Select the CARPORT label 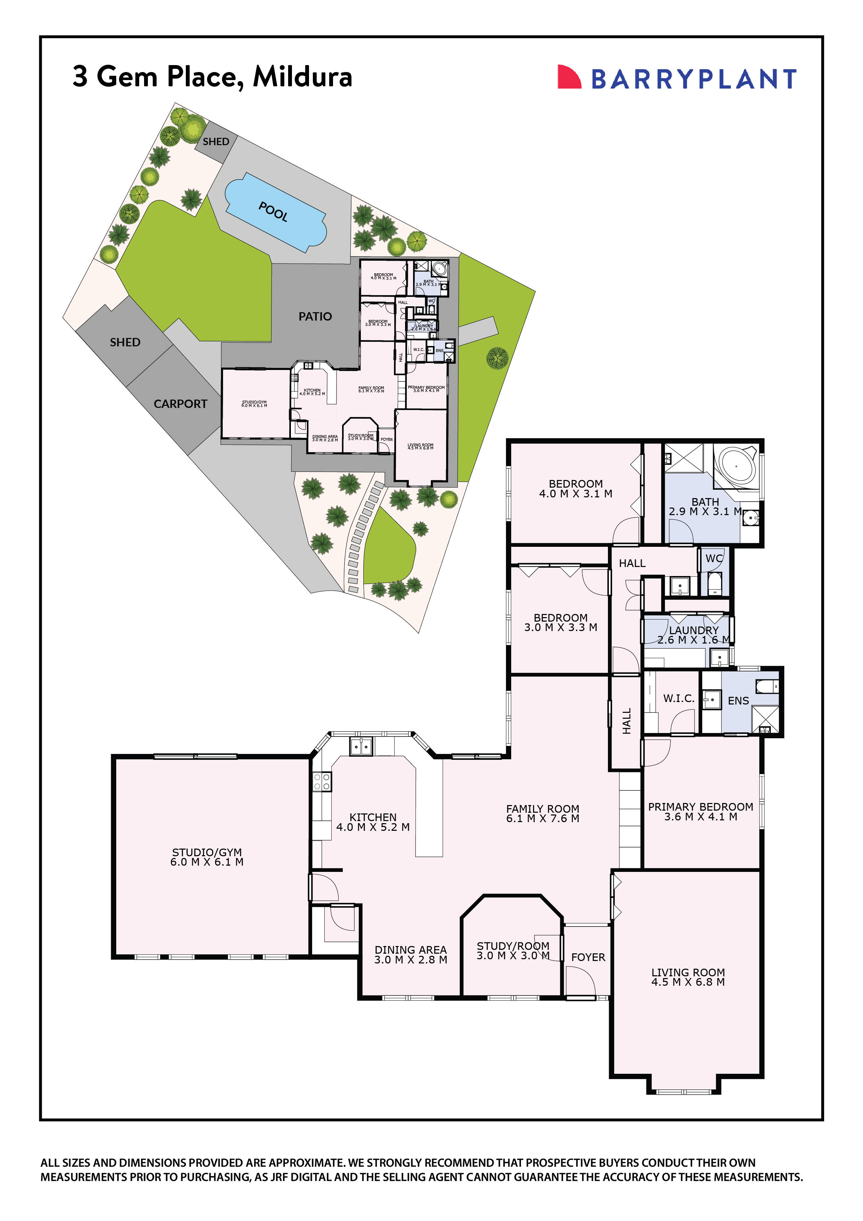pos(180,404)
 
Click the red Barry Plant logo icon pos(568,77)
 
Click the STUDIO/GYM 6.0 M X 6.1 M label pos(207,857)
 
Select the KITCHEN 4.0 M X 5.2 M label pos(373,822)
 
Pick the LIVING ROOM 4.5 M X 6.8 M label pos(688,977)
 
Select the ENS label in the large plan pos(738,701)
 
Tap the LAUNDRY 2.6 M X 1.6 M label pos(694,635)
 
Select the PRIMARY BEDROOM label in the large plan pos(700,812)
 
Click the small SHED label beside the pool pos(216,141)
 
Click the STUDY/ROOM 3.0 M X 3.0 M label pos(513,951)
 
